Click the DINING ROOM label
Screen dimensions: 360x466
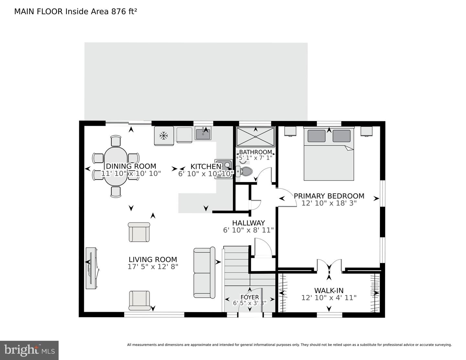(131, 166)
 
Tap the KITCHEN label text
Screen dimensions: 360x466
(205, 167)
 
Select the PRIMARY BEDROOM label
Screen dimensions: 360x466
(329, 196)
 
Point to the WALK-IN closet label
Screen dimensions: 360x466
(329, 290)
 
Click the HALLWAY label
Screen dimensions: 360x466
(248, 223)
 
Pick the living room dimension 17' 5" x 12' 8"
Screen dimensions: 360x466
(153, 267)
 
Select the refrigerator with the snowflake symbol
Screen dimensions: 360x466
(164, 136)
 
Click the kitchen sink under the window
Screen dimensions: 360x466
(203, 133)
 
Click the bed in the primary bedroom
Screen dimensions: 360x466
(329, 155)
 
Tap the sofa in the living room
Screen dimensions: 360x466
(205, 273)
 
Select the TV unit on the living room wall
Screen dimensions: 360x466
(92, 268)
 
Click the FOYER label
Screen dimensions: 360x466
(250, 297)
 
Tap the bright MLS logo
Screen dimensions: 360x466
(29, 350)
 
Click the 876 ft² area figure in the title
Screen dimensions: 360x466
(124, 12)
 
